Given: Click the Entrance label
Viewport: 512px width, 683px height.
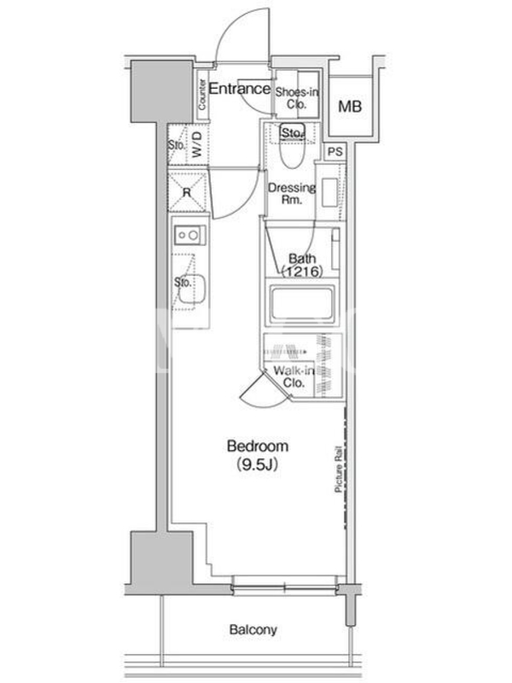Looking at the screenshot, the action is pos(240,89).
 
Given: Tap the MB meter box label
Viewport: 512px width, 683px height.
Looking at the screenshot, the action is pos(350,106).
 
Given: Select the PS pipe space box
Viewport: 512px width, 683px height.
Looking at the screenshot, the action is pos(335,152).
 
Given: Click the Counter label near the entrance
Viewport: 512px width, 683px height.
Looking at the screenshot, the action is pos(202,95).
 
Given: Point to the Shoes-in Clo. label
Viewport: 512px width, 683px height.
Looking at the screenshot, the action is pos(297,98).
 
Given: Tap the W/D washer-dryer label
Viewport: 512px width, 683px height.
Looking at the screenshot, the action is pos(197,144).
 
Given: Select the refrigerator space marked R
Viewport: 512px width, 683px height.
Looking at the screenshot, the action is pos(187,192).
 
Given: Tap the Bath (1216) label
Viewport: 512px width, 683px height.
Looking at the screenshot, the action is pos(302,266).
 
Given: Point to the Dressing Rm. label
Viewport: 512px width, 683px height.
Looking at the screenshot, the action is pos(292,194).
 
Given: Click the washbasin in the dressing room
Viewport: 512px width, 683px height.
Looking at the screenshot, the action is pos(329,193).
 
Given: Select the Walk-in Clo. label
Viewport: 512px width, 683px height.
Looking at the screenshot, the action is pos(294,377).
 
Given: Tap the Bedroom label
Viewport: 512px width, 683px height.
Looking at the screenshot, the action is pos(258,446).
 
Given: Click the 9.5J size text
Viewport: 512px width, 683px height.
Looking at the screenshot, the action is pos(258,465).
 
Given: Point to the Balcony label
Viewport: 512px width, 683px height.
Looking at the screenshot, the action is pos(253,629).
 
